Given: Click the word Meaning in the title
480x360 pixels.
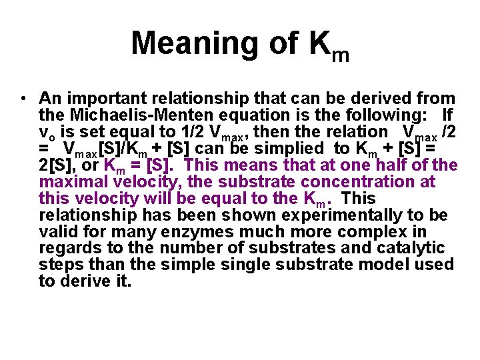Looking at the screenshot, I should pos(189,43).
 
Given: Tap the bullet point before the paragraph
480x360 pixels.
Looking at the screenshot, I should pos(23,99).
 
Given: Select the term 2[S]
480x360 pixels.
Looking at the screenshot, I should pos(55,165).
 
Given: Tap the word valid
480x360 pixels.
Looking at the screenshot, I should pos(59,231).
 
